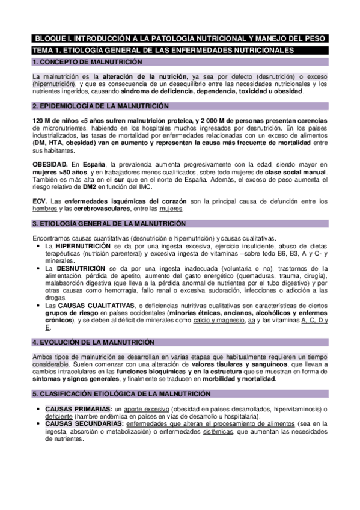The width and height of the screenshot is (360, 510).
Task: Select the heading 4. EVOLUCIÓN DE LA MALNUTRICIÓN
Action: tap(94, 342)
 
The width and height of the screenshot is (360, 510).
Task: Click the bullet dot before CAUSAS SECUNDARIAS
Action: tap(39, 424)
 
